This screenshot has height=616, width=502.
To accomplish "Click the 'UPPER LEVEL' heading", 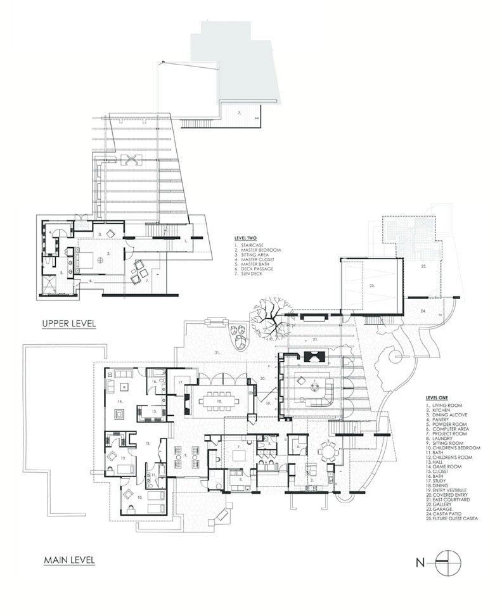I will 68,323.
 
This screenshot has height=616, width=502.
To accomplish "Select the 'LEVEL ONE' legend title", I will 437,397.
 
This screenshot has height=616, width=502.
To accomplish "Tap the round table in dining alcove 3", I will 327,452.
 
